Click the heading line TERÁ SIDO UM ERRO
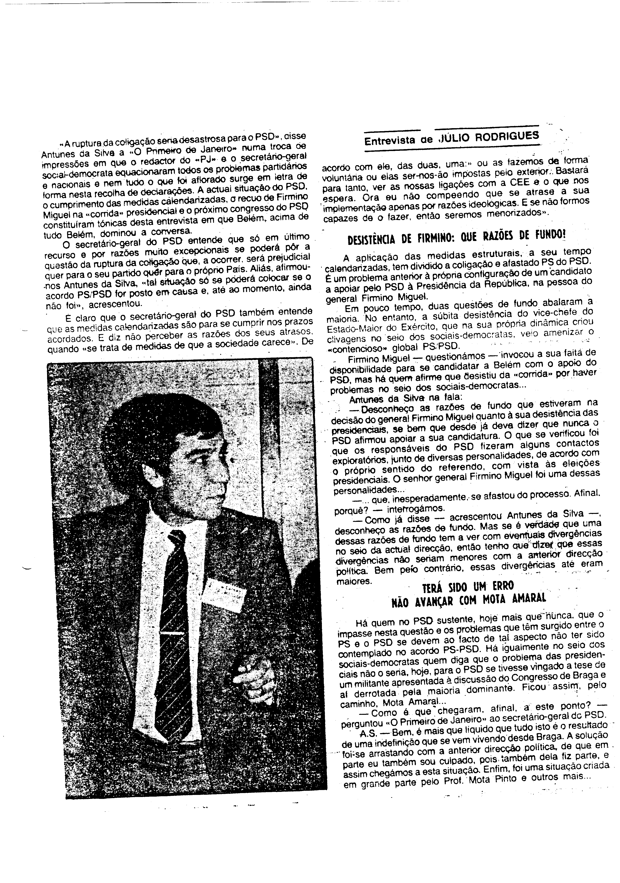[468, 586]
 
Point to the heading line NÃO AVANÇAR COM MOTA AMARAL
[468, 600]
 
